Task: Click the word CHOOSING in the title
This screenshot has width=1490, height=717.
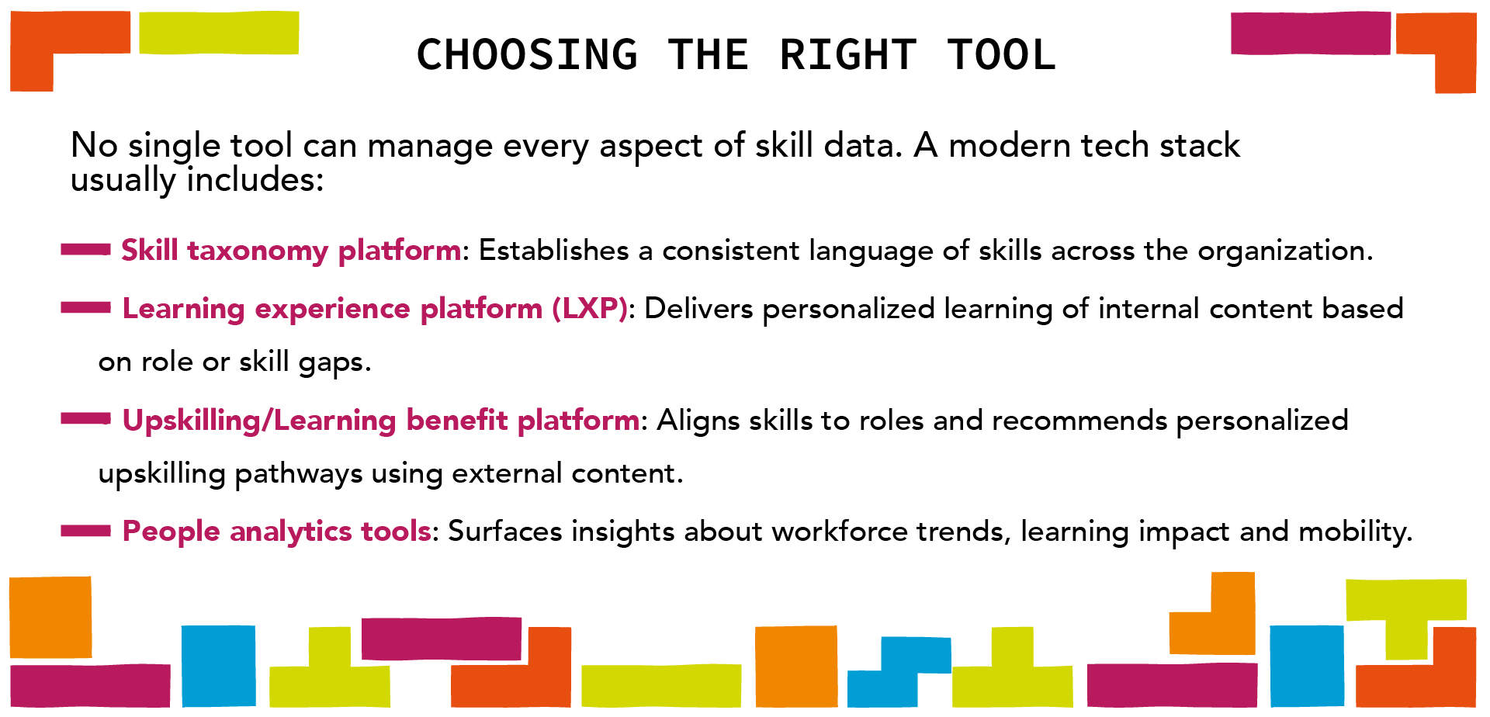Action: pyautogui.click(x=527, y=55)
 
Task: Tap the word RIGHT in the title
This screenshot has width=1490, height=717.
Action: pyautogui.click(x=847, y=55)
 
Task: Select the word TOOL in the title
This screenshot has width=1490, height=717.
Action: pyautogui.click(x=1001, y=55)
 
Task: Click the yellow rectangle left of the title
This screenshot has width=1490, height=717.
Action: pyautogui.click(x=219, y=33)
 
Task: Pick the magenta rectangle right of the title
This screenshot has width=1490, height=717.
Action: pyautogui.click(x=1310, y=33)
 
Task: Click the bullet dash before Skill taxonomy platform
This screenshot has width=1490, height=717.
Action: pyautogui.click(x=85, y=249)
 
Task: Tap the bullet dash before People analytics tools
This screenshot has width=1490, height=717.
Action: pyautogui.click(x=85, y=531)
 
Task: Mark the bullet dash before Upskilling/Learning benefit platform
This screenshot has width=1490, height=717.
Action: pyautogui.click(x=85, y=419)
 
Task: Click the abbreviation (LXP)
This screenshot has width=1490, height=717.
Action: pyautogui.click(x=590, y=309)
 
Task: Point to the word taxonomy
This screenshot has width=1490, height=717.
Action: pyautogui.click(x=258, y=251)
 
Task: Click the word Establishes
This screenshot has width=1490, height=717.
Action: pyautogui.click(x=553, y=251)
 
